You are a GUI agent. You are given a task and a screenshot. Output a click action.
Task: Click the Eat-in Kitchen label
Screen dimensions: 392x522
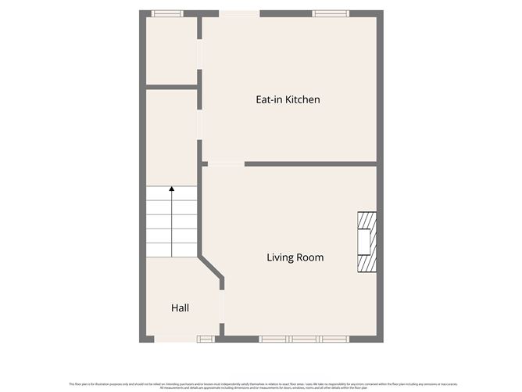(288, 100)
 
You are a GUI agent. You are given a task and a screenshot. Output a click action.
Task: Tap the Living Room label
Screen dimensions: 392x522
(295, 257)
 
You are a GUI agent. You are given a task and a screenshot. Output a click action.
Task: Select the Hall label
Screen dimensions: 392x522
(180, 308)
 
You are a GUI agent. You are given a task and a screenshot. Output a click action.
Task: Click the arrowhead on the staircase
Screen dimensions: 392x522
(171, 190)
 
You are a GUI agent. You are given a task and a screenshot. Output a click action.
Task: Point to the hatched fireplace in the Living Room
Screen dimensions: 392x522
(366, 243)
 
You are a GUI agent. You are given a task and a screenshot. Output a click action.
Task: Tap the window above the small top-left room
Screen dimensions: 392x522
(166, 13)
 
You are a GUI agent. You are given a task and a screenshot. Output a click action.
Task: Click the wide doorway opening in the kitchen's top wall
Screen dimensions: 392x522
(239, 13)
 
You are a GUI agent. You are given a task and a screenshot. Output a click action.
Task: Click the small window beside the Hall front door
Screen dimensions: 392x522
(205, 339)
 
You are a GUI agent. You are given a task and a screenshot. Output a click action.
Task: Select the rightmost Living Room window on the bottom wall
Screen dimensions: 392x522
(334, 339)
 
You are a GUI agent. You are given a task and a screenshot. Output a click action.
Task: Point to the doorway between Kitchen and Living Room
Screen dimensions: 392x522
(226, 164)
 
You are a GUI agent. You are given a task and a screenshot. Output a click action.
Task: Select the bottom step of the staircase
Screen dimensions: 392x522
(171, 250)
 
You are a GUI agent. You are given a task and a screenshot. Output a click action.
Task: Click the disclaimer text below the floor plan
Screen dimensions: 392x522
(261, 385)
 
